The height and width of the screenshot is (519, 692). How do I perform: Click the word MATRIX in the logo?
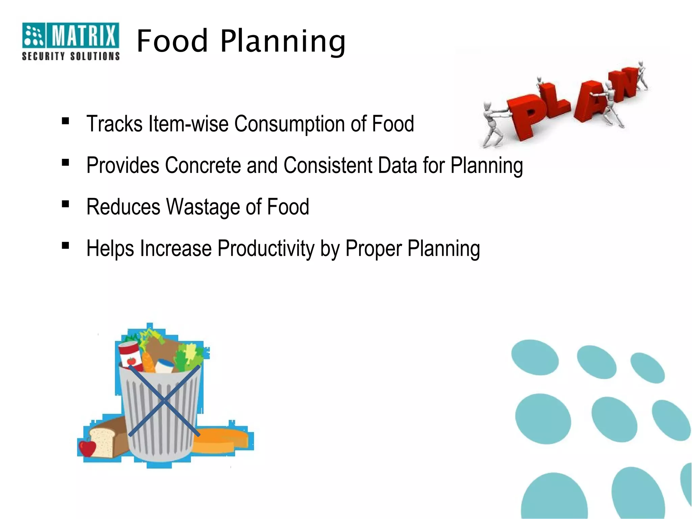tap(83, 35)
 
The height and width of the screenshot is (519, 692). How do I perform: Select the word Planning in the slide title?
tap(283, 42)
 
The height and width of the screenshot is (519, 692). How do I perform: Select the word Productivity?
tap(266, 248)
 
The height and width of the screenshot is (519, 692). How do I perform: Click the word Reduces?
tap(123, 207)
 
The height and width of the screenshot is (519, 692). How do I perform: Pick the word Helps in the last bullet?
tap(110, 248)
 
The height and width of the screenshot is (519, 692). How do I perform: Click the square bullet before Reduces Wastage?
tap(66, 204)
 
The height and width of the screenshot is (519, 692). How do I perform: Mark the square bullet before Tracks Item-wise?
tap(66, 121)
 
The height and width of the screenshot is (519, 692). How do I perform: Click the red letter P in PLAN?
tap(527, 115)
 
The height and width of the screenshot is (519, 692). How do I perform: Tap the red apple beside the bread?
tap(88, 448)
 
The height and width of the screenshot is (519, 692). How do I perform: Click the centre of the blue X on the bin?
tap(164, 401)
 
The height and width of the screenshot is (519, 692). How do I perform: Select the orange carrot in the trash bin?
tap(148, 362)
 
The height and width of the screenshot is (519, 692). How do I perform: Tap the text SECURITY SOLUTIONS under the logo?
tap(71, 56)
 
